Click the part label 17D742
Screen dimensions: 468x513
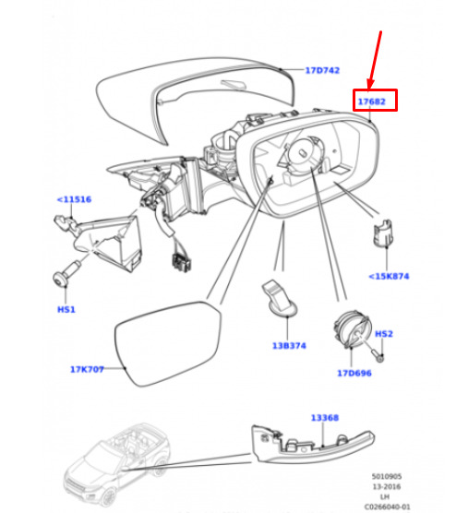(x=322, y=70)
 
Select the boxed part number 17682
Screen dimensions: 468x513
(x=372, y=101)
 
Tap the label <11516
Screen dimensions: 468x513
(x=74, y=199)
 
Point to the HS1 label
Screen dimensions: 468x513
(x=66, y=309)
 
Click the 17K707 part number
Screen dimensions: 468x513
(x=87, y=369)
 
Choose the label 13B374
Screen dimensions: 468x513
(x=289, y=345)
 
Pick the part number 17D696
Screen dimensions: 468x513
(x=354, y=373)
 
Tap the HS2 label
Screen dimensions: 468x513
(x=384, y=334)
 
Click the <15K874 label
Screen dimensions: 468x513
(x=389, y=277)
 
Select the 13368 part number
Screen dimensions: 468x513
(x=325, y=418)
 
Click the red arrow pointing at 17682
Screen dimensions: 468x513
(x=375, y=60)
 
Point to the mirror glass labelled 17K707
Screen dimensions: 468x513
(x=168, y=343)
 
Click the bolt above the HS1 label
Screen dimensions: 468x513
(x=66, y=273)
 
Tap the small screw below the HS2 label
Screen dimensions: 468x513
(x=378, y=355)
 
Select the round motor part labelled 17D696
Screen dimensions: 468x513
(x=352, y=329)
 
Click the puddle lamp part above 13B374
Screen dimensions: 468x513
(x=280, y=298)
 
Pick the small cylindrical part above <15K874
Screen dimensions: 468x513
(x=383, y=233)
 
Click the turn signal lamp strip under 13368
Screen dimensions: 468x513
(x=313, y=444)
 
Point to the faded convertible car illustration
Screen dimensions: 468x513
(x=117, y=465)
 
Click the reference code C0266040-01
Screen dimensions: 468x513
(x=387, y=507)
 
